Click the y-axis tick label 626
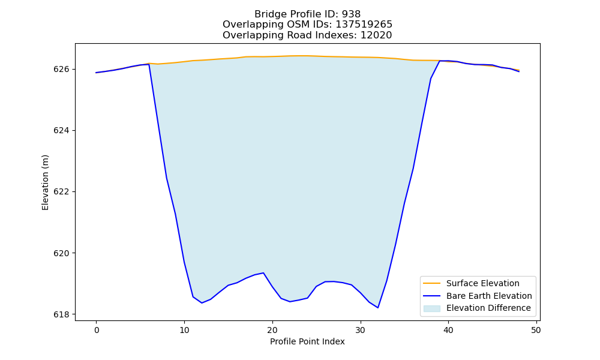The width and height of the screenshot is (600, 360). pyautogui.click(x=62, y=69)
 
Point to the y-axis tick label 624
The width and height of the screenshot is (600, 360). pyautogui.click(x=62, y=130)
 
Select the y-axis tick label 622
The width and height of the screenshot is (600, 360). pyautogui.click(x=62, y=191)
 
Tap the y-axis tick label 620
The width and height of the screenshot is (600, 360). pyautogui.click(x=62, y=253)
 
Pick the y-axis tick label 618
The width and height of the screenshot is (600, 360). pyautogui.click(x=62, y=314)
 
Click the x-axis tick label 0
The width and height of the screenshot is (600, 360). pyautogui.click(x=97, y=330)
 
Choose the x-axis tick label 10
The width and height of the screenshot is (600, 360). pyautogui.click(x=184, y=330)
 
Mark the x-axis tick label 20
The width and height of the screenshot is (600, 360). pyautogui.click(x=272, y=330)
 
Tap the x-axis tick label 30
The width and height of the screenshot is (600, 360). pyautogui.click(x=361, y=330)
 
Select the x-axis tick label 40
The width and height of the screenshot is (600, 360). pyautogui.click(x=448, y=330)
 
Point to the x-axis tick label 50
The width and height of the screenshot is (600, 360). pyautogui.click(x=536, y=330)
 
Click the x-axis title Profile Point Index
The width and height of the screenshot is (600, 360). pyautogui.click(x=307, y=341)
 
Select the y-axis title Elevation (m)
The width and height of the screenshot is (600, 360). pyautogui.click(x=45, y=182)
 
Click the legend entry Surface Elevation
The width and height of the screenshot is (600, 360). pyautogui.click(x=483, y=283)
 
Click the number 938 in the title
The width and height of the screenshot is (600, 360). pyautogui.click(x=351, y=14)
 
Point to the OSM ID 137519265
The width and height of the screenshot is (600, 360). pyautogui.click(x=364, y=25)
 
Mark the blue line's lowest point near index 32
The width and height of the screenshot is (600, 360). pyautogui.click(x=377, y=308)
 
